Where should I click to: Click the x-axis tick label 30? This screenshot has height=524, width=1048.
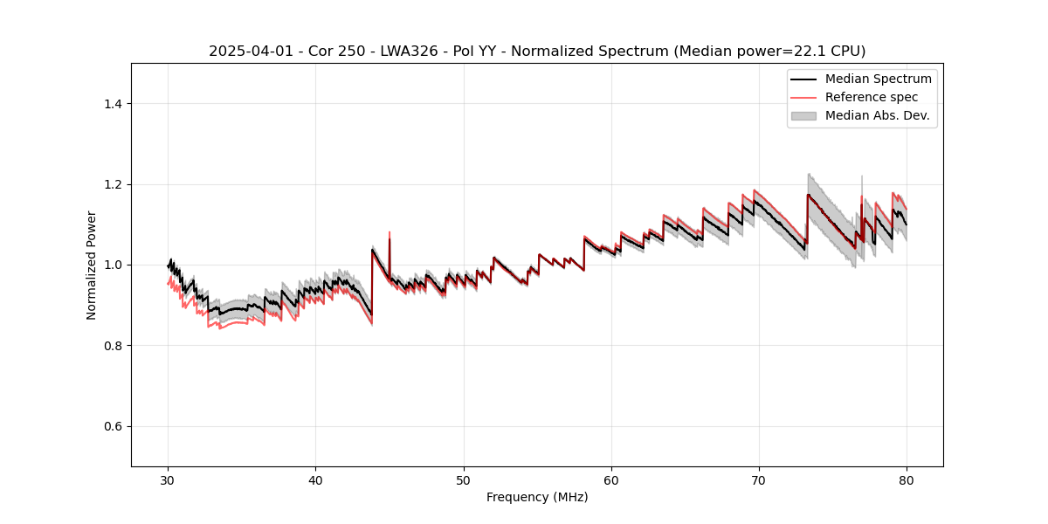coord(168,480)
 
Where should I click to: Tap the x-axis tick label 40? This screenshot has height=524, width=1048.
coord(315,480)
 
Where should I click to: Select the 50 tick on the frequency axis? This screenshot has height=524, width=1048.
coord(463,480)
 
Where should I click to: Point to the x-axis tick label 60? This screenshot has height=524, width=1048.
coord(611,480)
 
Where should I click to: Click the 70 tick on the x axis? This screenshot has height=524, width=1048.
coord(759,480)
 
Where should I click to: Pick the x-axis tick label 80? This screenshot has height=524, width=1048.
coord(907,480)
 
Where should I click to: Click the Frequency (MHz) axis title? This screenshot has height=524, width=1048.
coord(537,497)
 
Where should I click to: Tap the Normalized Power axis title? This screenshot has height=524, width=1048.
coord(92,265)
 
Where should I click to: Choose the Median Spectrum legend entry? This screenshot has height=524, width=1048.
coord(878,79)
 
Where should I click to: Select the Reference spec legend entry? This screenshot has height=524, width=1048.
coord(871,97)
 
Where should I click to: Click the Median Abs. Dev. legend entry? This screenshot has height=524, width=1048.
coord(877,115)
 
